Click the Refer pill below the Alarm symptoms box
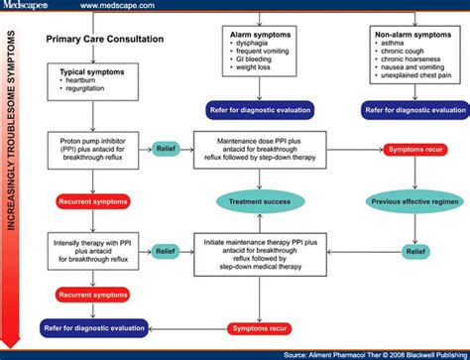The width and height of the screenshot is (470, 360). tap(261, 110)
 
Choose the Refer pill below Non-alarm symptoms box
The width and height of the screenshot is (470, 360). tap(414, 110)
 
